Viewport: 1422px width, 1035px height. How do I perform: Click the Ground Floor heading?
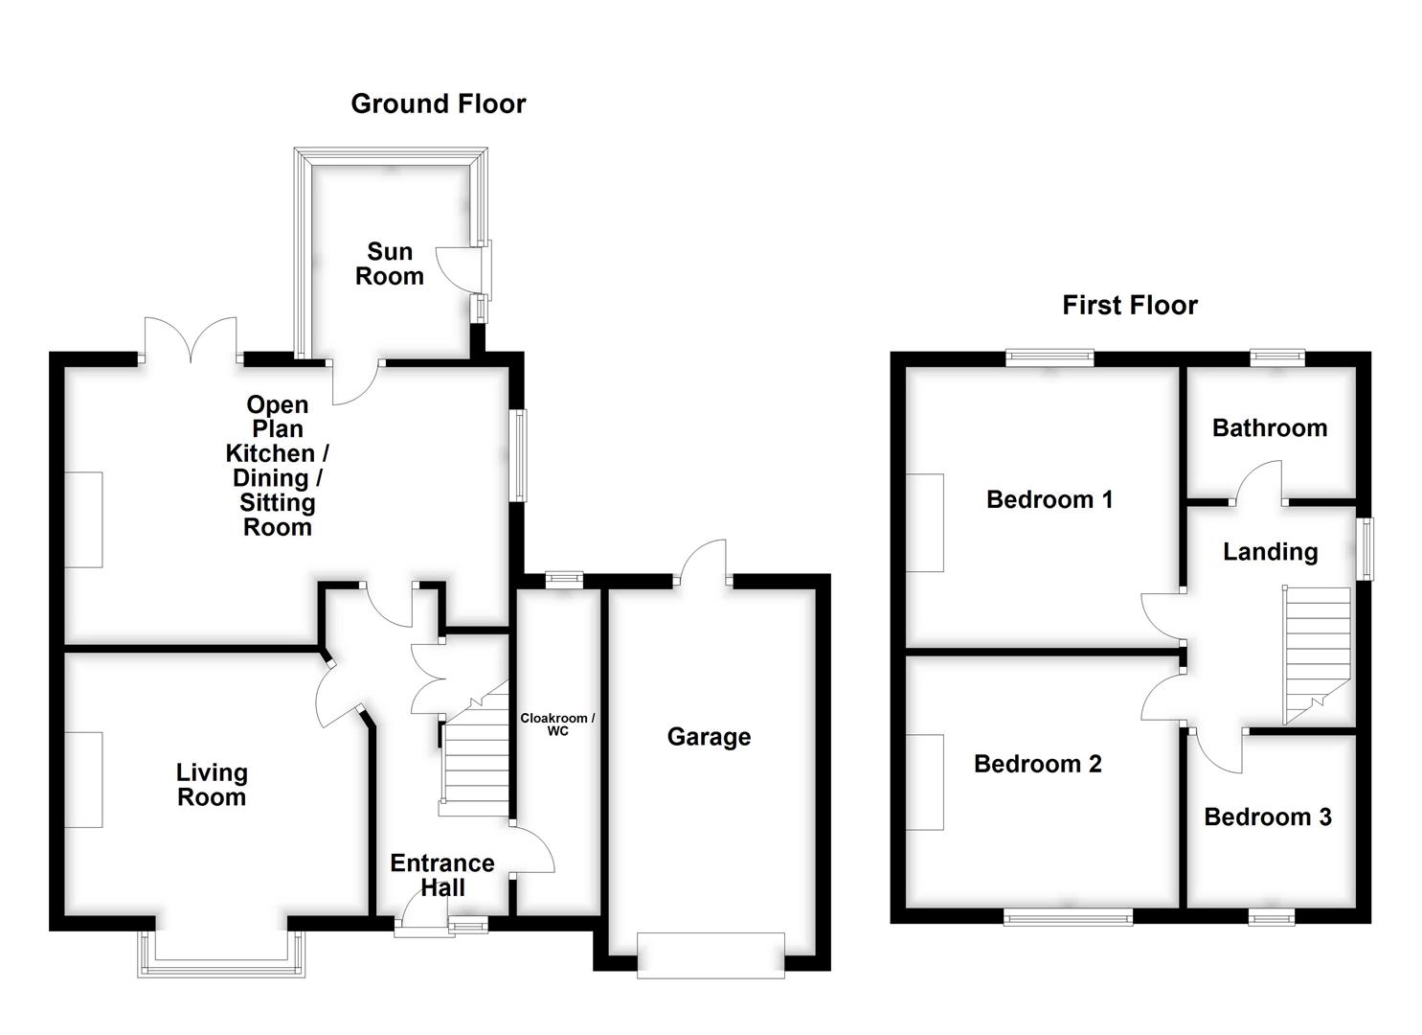click(x=438, y=103)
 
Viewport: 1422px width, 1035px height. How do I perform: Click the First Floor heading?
click(x=1129, y=305)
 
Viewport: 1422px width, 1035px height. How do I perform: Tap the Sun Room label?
click(x=389, y=264)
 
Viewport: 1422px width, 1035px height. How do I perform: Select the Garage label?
click(x=709, y=736)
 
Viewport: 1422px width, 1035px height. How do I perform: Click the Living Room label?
click(x=212, y=785)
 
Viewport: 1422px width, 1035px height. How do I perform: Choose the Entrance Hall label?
click(x=442, y=875)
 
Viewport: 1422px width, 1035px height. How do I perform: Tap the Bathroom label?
click(x=1270, y=427)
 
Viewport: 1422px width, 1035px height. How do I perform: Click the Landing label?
click(x=1270, y=551)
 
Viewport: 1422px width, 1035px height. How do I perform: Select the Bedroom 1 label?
click(x=1050, y=499)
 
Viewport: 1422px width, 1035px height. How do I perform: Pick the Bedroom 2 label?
click(x=1037, y=764)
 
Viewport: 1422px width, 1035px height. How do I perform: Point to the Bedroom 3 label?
click(x=1267, y=816)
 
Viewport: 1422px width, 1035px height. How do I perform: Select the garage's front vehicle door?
click(x=711, y=954)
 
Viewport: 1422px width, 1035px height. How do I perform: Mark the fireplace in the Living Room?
click(x=84, y=779)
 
